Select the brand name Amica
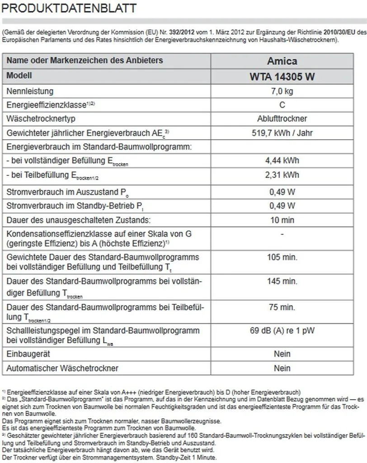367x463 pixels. (282, 61)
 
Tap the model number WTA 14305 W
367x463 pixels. (282, 76)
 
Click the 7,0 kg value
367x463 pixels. (282, 91)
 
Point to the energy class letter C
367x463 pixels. (282, 105)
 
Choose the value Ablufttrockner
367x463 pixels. (282, 119)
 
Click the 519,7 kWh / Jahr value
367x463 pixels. (282, 133)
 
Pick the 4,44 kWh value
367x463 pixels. (282, 161)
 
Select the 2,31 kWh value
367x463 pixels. (282, 175)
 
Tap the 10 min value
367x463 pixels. (282, 220)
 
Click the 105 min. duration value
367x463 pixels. (282, 257)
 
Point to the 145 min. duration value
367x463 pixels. (282, 281)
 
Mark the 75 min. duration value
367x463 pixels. (282, 307)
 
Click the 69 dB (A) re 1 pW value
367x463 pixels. (282, 331)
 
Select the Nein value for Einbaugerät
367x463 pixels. (282, 354)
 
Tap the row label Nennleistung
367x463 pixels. (30, 91)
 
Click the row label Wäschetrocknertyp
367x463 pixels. (41, 119)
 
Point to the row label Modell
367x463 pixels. (19, 76)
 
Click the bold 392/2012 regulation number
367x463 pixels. (179, 33)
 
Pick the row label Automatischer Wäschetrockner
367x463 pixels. (62, 368)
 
